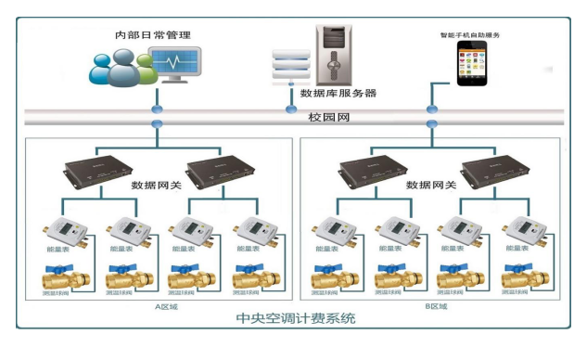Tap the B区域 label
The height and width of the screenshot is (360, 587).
[x=435, y=305]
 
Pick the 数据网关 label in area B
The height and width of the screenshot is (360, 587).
[x=431, y=185]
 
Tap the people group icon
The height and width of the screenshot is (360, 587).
[x=118, y=69]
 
